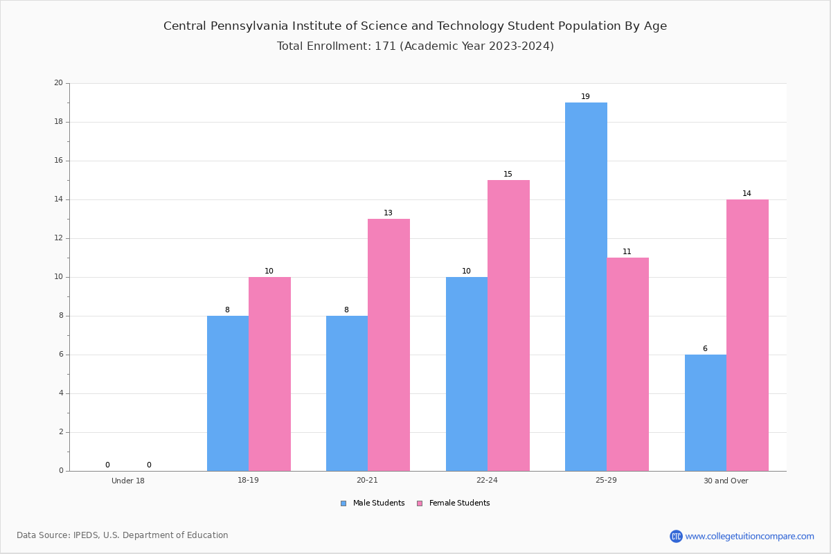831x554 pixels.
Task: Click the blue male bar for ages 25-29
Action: [x=586, y=287]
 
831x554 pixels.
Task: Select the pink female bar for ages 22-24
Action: [x=508, y=325]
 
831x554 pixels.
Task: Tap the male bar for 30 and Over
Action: [x=705, y=413]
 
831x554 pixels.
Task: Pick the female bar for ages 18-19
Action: [x=269, y=374]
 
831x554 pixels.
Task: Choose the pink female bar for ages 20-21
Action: [x=388, y=345]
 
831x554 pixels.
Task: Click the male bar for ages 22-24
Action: [x=467, y=374]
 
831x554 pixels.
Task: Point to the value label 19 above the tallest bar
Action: [x=585, y=96]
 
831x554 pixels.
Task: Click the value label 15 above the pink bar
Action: [x=508, y=174]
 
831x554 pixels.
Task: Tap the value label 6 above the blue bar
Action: [x=705, y=348]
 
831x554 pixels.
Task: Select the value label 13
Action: [x=388, y=213]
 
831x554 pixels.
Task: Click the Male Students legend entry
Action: [x=373, y=503]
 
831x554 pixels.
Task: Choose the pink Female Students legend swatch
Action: [x=420, y=503]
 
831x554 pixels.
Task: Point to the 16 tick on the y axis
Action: [x=59, y=160]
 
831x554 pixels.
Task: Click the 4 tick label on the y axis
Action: [x=61, y=393]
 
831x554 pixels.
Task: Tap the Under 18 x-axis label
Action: [x=128, y=481]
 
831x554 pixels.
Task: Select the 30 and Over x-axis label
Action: [x=726, y=481]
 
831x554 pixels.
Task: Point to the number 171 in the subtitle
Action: [x=386, y=46]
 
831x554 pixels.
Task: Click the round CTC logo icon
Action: [x=676, y=536]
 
